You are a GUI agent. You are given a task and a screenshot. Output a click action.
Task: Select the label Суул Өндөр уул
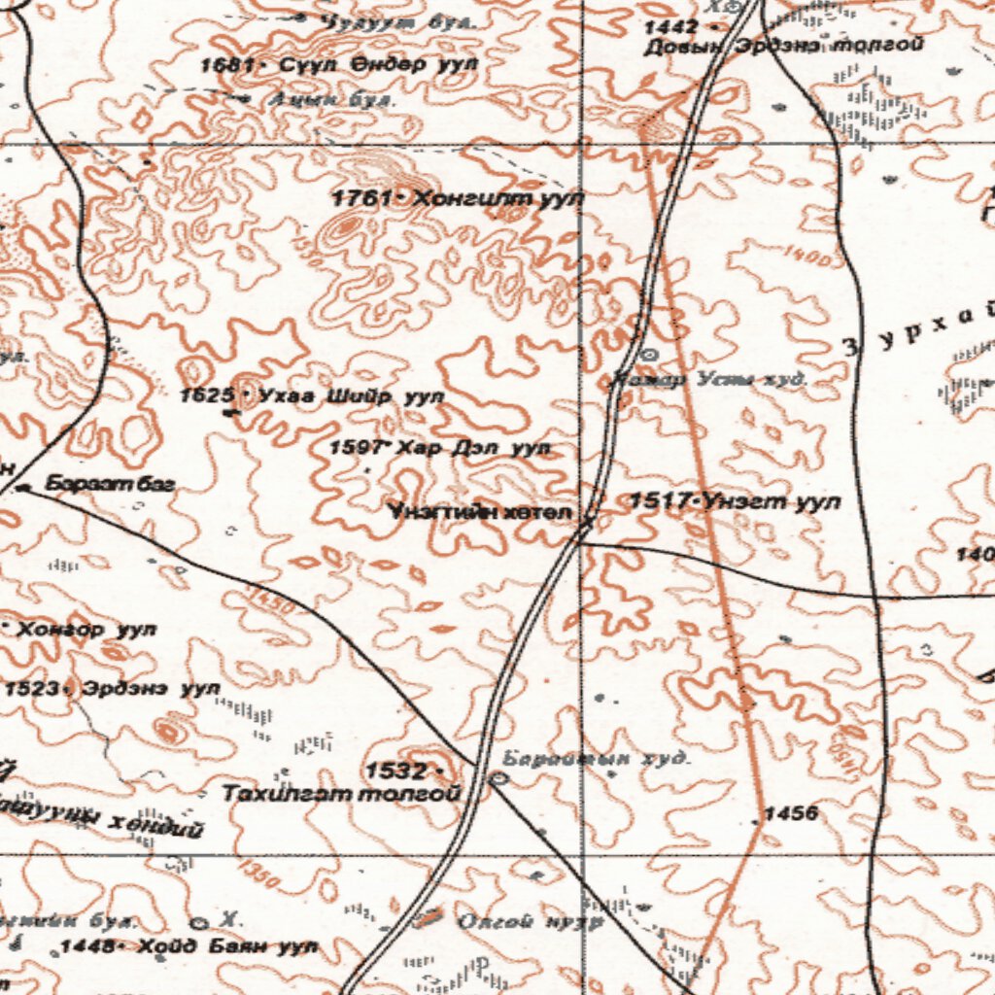coord(379,65)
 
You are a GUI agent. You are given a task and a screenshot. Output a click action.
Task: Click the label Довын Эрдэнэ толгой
coord(782,45)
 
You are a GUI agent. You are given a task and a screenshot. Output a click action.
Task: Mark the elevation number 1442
coord(670,27)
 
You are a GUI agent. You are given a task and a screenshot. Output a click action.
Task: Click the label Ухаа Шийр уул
coord(351,396)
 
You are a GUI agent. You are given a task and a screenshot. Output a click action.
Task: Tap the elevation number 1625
coord(207,395)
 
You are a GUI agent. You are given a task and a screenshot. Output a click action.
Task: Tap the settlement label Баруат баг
coord(109,483)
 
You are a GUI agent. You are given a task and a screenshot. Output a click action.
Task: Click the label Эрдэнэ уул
coord(152,688)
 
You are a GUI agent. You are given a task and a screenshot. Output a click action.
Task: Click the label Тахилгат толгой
coord(341,794)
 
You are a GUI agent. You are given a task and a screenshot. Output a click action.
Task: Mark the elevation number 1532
coord(395,772)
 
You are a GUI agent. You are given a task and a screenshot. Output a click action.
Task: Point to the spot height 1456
coord(790,812)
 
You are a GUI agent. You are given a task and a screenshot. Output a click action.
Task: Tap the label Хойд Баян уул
coord(227,945)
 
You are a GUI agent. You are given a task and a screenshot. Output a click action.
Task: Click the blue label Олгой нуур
coord(531,921)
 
